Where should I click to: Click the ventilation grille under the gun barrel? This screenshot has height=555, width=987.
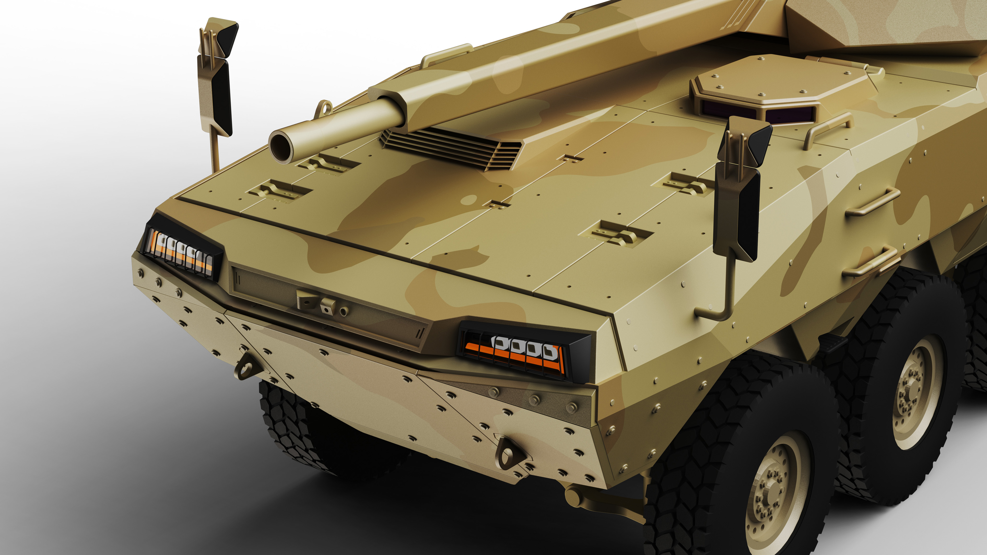pos(450,147)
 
